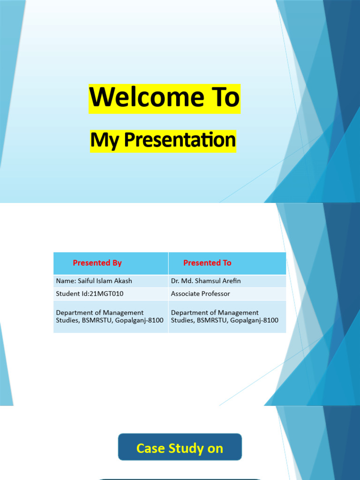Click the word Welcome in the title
tap(147, 97)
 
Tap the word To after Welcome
tap(225, 97)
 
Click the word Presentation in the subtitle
tap(180, 140)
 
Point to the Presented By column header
tap(97, 262)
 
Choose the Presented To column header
tap(207, 262)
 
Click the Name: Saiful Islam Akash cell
tap(94, 281)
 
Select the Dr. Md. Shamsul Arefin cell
tap(206, 281)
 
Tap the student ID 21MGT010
tap(106, 293)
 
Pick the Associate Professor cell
tap(201, 293)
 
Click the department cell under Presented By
tap(110, 316)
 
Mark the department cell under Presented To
tap(225, 316)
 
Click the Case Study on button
tap(180, 447)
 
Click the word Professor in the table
tap(215, 293)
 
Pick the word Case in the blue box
tap(150, 449)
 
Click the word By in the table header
tap(117, 263)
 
